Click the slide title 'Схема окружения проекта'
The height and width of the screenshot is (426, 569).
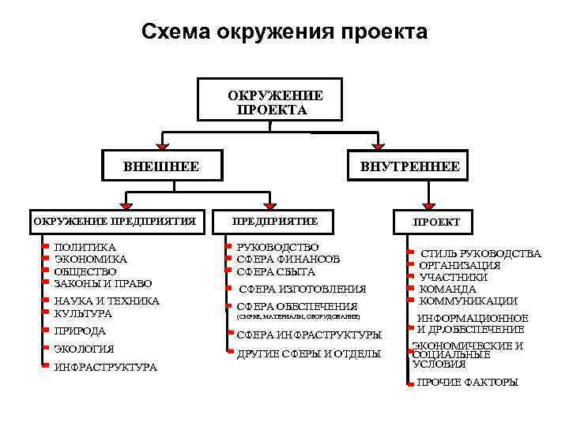[284, 32]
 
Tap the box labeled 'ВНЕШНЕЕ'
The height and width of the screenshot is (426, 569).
[161, 166]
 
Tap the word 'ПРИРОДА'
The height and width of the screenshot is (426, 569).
[80, 331]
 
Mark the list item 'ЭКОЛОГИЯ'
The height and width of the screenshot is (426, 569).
[84, 349]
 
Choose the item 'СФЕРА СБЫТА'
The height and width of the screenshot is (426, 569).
[276, 271]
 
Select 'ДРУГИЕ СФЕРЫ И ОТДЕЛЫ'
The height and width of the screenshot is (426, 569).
[309, 353]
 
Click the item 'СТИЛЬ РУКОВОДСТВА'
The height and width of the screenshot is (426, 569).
[480, 253]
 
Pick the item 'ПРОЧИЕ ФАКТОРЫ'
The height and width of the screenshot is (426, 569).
[467, 382]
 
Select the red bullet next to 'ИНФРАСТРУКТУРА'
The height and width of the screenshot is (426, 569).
[47, 365]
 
